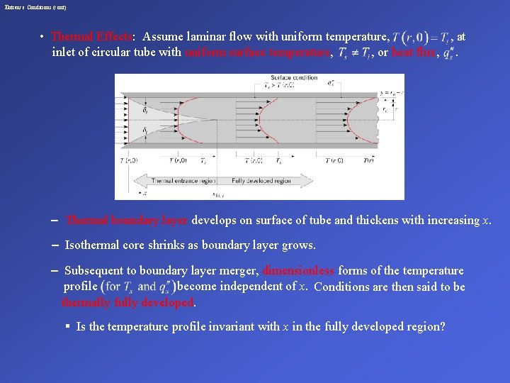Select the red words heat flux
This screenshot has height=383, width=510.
click(414, 52)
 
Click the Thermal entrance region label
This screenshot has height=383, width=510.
click(183, 181)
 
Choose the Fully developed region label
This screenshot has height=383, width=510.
click(261, 181)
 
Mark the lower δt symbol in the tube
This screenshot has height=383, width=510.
click(144, 131)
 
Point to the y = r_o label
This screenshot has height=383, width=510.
click(391, 94)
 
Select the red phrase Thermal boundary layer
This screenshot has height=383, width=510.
click(127, 220)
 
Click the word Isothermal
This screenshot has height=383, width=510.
click(93, 245)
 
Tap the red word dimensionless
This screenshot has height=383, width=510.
click(299, 270)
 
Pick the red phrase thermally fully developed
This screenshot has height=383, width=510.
click(127, 302)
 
